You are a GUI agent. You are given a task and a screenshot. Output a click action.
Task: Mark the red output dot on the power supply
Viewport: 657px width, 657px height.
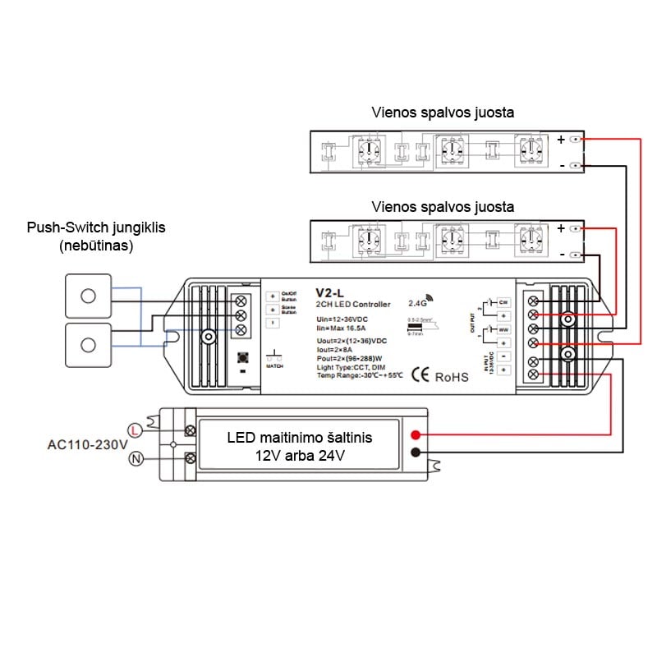[416, 434]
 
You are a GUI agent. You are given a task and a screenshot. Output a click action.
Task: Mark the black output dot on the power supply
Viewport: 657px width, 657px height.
[416, 453]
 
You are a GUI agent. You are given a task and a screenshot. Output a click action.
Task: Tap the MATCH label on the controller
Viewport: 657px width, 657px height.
[274, 369]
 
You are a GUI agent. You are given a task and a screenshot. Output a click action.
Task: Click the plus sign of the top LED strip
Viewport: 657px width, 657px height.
[562, 140]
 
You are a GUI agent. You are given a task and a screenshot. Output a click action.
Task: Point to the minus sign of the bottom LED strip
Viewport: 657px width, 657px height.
[562, 255]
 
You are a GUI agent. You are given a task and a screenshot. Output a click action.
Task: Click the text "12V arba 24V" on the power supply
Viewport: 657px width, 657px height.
[300, 455]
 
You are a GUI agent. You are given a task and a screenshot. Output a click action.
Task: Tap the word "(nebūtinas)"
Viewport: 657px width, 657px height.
[96, 245]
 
